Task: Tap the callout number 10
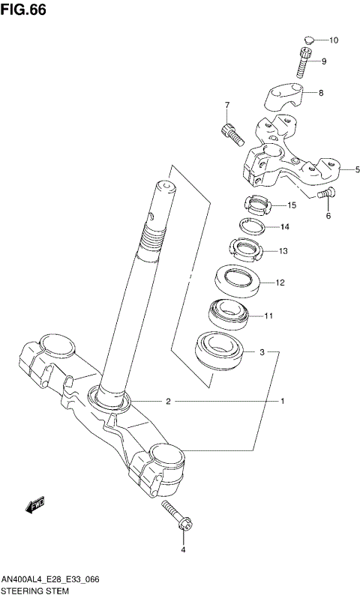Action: (x=334, y=40)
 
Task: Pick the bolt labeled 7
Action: (x=230, y=133)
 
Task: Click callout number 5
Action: (x=347, y=170)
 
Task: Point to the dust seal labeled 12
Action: (x=238, y=282)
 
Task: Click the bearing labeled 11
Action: (x=231, y=313)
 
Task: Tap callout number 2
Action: (x=169, y=402)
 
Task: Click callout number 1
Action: (x=283, y=402)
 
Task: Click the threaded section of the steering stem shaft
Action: (x=154, y=239)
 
